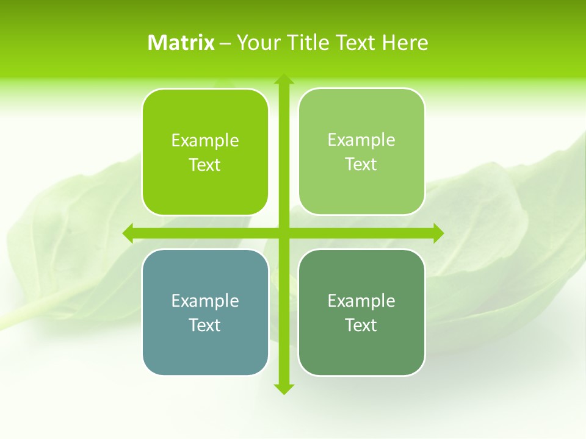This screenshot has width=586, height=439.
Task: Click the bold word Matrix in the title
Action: point(181,43)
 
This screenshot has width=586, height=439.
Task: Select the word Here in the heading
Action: point(405,43)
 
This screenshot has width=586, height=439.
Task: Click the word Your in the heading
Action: point(258,43)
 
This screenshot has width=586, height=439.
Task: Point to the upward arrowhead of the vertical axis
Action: point(284,79)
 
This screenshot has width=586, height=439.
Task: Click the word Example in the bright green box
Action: point(205,141)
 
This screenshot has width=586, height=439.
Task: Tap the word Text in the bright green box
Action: point(205,165)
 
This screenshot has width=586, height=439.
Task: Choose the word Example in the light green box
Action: point(361,140)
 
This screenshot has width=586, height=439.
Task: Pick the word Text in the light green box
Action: point(361,165)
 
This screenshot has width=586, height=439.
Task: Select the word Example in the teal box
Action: point(205,301)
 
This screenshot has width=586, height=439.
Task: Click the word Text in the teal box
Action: point(205,326)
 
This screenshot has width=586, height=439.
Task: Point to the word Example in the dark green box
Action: point(361,301)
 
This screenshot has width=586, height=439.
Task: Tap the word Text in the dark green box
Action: point(361,326)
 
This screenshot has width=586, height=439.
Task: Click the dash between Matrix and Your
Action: point(225,43)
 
